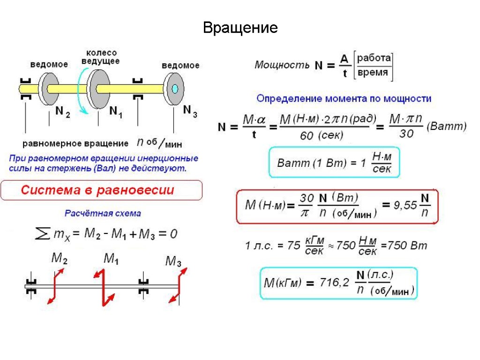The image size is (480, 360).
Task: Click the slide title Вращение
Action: tap(240, 28)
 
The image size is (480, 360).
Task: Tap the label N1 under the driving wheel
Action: tap(115, 112)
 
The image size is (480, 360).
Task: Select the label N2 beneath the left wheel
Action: tap(62, 112)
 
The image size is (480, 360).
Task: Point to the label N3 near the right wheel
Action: tap(189, 110)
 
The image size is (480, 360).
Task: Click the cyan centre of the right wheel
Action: tap(175, 89)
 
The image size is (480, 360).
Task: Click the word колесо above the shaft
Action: tap(101, 53)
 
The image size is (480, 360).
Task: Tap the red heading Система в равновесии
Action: tap(97, 190)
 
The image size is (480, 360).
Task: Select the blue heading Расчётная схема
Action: tap(102, 213)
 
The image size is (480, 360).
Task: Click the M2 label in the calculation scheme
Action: tap(59, 258)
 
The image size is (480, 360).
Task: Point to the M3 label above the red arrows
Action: tap(173, 262)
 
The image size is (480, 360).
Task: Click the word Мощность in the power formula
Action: tap(282, 65)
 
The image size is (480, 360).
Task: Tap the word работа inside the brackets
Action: tap(374, 58)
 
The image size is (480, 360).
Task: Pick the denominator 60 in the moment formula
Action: tap(307, 136)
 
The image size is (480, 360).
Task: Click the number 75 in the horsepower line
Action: tap(293, 245)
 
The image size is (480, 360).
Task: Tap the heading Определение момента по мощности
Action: tap(344, 99)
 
